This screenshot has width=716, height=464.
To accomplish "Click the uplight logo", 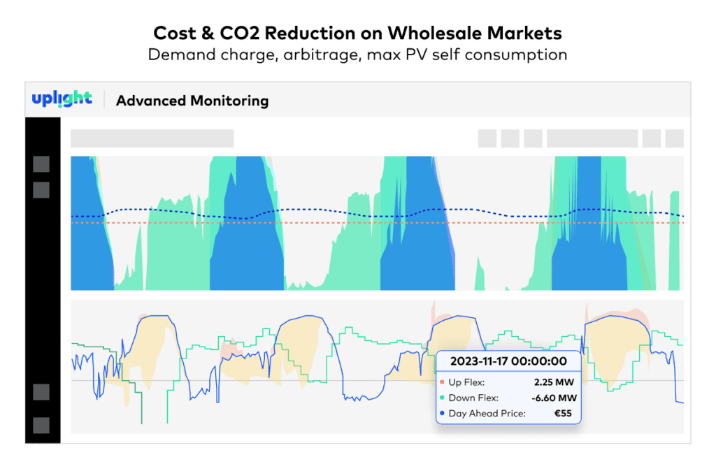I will coord(62,99).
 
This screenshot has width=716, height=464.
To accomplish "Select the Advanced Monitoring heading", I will coord(192,101).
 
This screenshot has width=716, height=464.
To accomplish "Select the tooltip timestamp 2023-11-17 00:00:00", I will coord(508,362).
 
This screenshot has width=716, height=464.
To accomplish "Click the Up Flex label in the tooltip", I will coord(467,382).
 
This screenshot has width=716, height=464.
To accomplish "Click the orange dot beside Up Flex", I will coord(442,383).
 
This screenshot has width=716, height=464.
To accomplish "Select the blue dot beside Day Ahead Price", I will coord(442,414).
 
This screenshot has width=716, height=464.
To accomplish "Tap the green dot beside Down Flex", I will coord(442,398).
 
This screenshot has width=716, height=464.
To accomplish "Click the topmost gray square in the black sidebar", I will coord(41,164).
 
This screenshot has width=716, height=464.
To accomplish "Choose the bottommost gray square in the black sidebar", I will coord(41,426).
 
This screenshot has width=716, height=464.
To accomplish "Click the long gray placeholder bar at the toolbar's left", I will coord(152,138).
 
